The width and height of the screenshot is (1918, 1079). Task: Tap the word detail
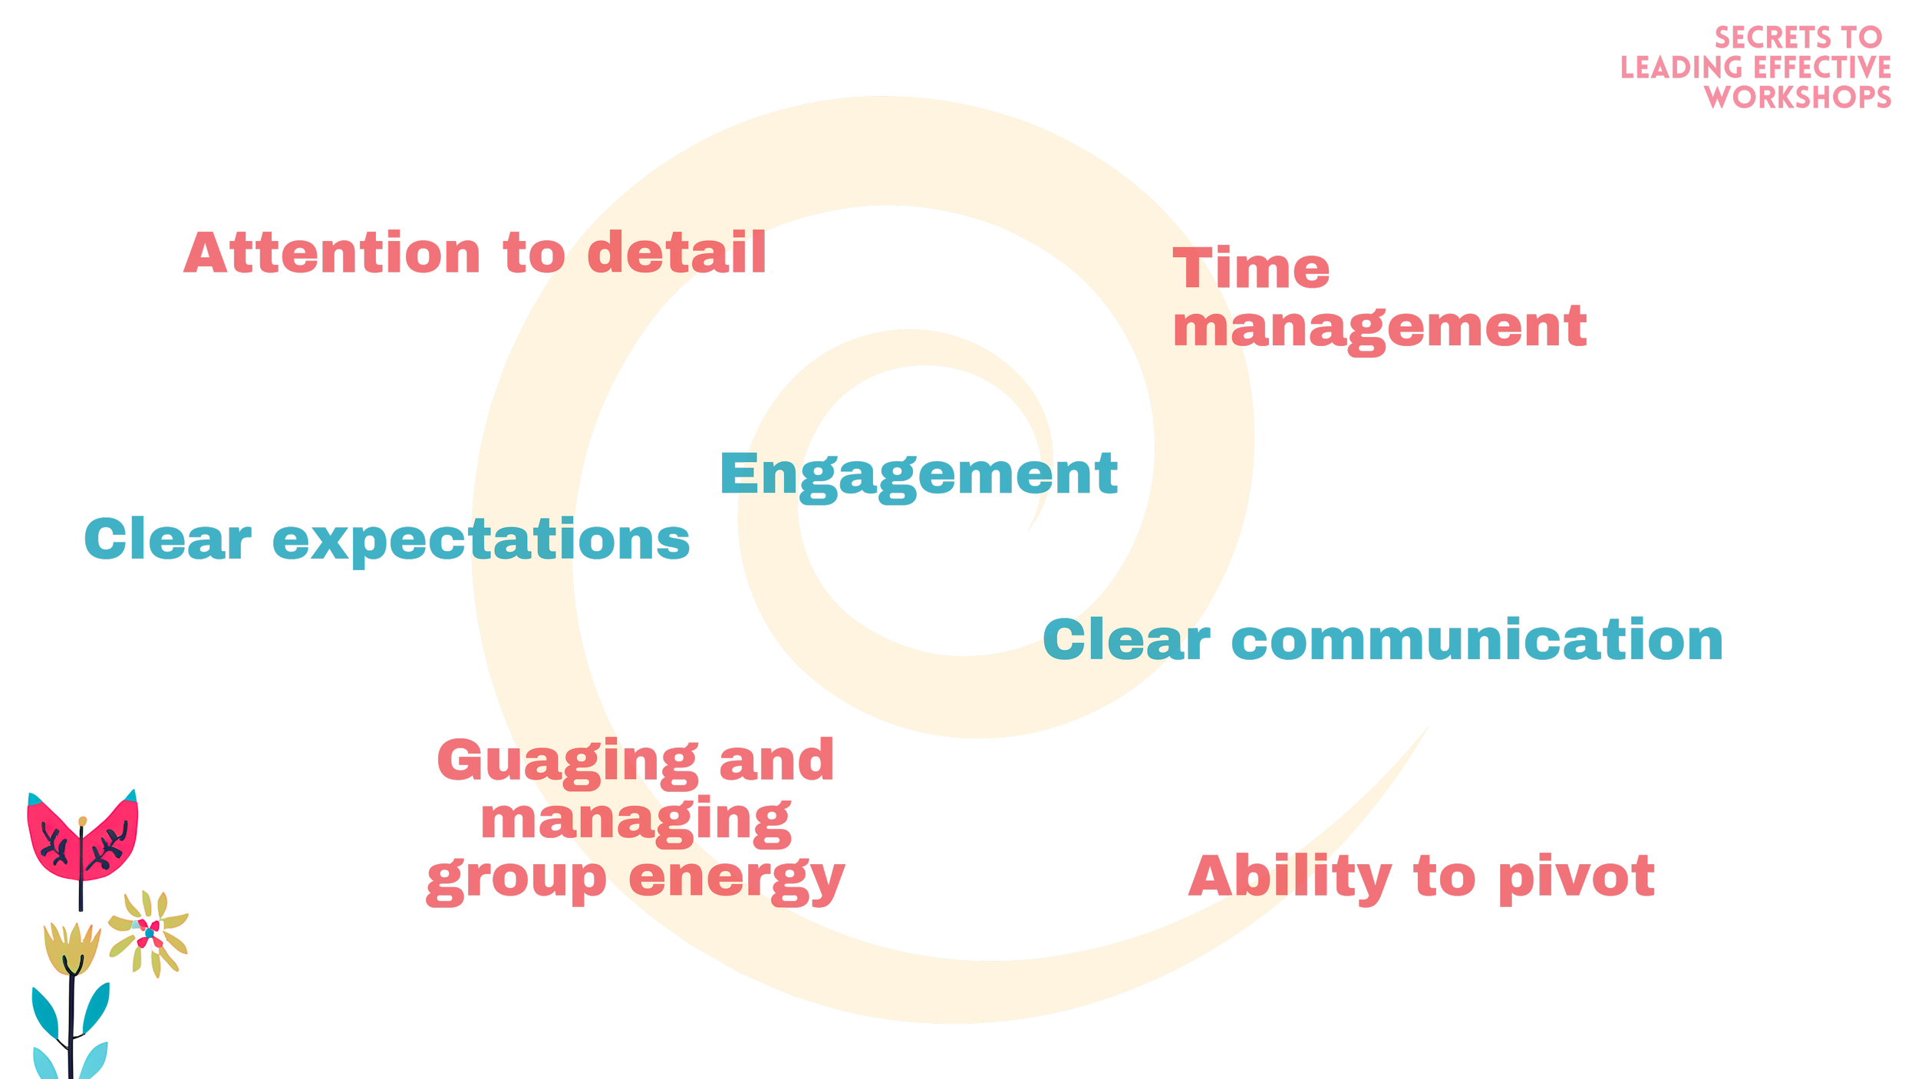(677, 252)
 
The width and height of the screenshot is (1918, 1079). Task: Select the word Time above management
(1251, 268)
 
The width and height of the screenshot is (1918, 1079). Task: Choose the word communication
(1477, 641)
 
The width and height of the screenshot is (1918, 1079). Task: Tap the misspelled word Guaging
(568, 761)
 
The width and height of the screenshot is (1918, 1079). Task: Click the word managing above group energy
(636, 822)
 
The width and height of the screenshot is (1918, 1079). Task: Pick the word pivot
(1577, 877)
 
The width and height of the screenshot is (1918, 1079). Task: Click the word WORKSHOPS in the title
(1798, 97)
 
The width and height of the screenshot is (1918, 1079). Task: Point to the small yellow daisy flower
(149, 932)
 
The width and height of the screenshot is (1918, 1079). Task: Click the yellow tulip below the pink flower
(71, 949)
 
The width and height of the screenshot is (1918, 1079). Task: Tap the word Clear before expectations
(168, 539)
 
